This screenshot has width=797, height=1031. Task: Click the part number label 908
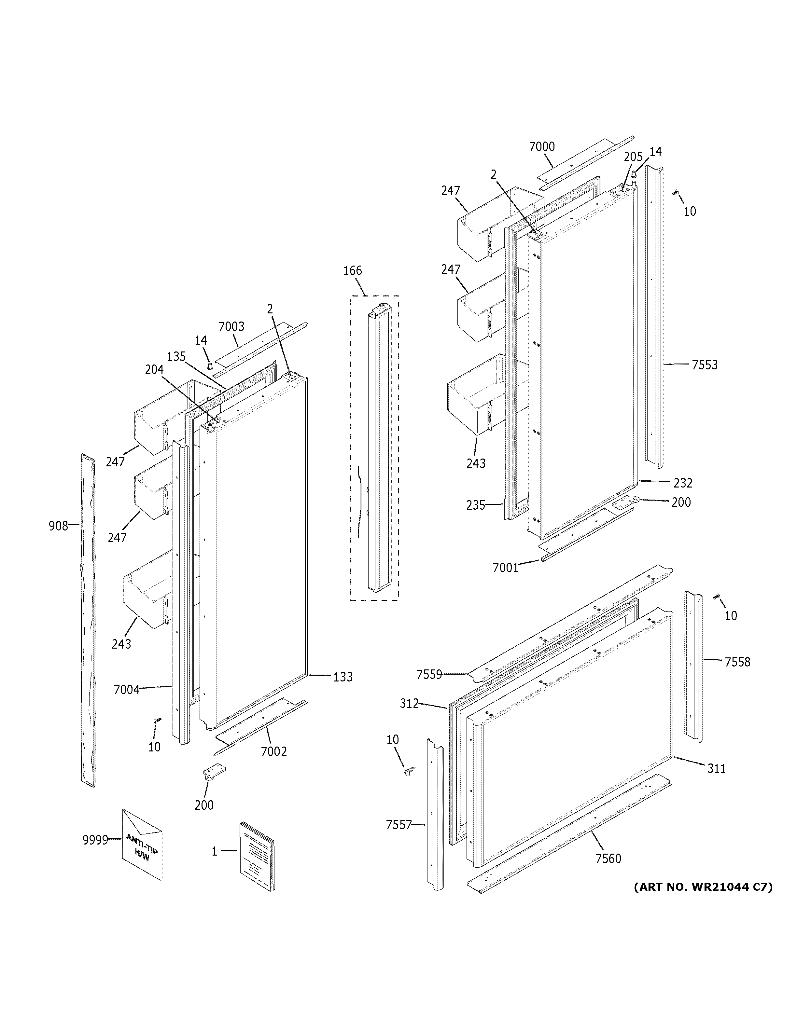[58, 526]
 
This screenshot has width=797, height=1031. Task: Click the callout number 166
[352, 270]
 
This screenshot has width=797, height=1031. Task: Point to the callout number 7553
[705, 365]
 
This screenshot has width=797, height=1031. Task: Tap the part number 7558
[737, 662]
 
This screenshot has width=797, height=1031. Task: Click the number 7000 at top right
[541, 147]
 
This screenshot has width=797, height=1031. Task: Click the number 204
[154, 370]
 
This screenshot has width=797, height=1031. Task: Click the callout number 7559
[429, 675]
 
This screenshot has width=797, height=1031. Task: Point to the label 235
[475, 506]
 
